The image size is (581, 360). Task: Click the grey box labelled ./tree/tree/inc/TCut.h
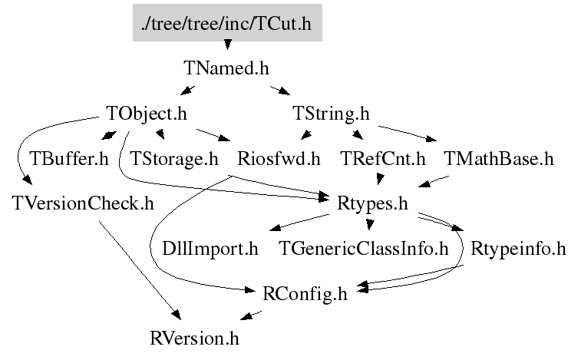tap(226, 24)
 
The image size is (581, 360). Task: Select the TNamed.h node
tap(226, 68)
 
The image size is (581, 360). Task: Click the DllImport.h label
tap(210, 249)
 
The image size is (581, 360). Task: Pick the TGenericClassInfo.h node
tap(363, 249)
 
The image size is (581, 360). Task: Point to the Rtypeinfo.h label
tap(518, 249)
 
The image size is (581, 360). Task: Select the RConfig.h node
tap(305, 293)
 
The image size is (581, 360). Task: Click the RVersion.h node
tap(199, 338)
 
